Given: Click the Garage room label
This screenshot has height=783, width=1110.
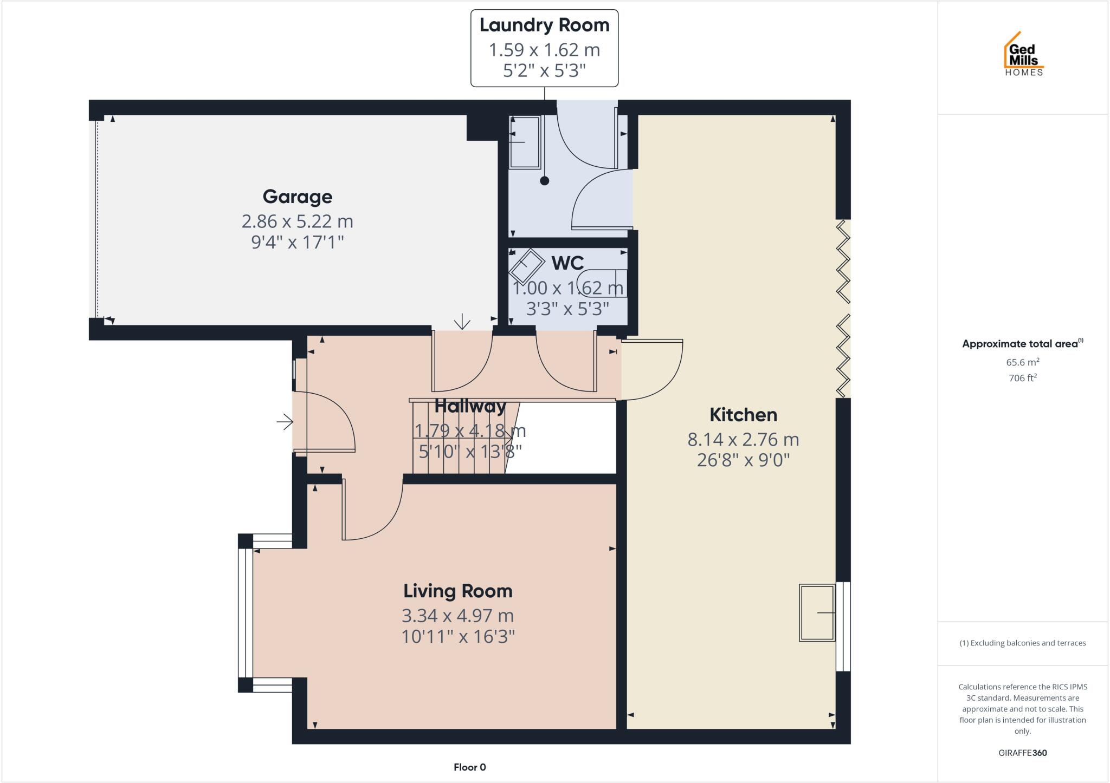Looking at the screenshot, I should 297,197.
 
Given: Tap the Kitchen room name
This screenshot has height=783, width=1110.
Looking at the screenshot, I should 743,415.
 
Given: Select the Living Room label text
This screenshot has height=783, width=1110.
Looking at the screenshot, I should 457,591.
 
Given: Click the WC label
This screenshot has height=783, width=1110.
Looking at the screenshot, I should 567,263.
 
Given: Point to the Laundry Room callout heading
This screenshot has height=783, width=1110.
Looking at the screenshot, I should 544,25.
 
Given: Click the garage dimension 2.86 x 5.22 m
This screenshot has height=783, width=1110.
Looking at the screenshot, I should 297,221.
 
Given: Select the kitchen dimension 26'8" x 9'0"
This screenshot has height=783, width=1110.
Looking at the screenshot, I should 743,460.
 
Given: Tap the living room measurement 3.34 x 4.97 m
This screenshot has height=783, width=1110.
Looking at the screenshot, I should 457,616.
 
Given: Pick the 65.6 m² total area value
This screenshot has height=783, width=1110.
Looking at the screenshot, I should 1023,362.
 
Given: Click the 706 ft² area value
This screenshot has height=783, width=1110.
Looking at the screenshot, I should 1023,378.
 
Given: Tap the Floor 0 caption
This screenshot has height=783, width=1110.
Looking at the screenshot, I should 469,767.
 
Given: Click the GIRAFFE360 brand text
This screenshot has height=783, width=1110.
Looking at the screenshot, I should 1023,753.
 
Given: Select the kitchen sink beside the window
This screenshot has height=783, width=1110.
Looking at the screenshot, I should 817,612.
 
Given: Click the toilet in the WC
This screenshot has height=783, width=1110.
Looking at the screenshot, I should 601,283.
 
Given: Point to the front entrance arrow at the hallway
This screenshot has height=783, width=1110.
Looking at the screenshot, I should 285,421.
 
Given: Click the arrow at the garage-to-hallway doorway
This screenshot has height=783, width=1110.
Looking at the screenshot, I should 462,322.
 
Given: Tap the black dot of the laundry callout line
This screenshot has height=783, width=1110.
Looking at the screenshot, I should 545,181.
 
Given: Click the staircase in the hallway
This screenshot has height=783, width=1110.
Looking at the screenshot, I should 461,439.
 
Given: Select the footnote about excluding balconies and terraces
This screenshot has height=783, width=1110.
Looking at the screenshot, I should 1023,643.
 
